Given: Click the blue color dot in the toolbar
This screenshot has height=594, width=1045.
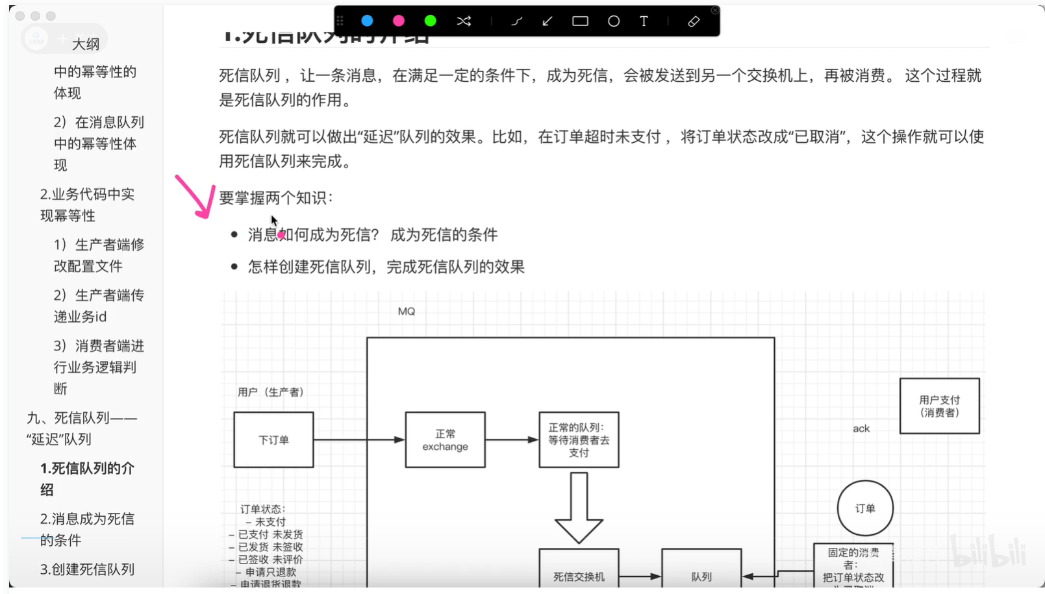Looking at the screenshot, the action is (367, 21).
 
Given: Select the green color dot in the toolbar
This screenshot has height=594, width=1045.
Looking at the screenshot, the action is (430, 21).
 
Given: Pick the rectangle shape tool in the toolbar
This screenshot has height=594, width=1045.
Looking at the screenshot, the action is (580, 21).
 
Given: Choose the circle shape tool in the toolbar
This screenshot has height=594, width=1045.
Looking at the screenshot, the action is (613, 21).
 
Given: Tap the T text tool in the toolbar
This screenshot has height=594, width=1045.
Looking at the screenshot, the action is (644, 21).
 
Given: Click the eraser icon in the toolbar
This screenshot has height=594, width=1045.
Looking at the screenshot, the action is (694, 21).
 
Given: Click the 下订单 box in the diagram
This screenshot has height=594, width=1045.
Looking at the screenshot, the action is (273, 439).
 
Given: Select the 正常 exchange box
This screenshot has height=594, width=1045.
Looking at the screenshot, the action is (445, 439).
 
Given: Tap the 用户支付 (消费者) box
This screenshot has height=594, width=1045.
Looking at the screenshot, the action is (939, 406).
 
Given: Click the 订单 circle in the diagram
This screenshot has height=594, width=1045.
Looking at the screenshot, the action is (865, 508).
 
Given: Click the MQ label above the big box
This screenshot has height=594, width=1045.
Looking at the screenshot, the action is (407, 312).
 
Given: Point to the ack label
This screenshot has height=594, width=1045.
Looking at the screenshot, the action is (861, 428).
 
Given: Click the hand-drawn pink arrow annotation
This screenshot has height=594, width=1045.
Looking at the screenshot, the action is (196, 197).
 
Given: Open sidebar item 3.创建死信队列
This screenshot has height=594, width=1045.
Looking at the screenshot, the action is (87, 569).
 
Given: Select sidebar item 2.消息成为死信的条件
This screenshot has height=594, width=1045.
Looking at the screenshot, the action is (87, 529).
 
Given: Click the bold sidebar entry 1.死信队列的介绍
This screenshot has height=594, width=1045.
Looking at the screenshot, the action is (87, 478).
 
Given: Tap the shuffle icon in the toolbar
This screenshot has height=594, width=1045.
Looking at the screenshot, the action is (464, 21).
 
